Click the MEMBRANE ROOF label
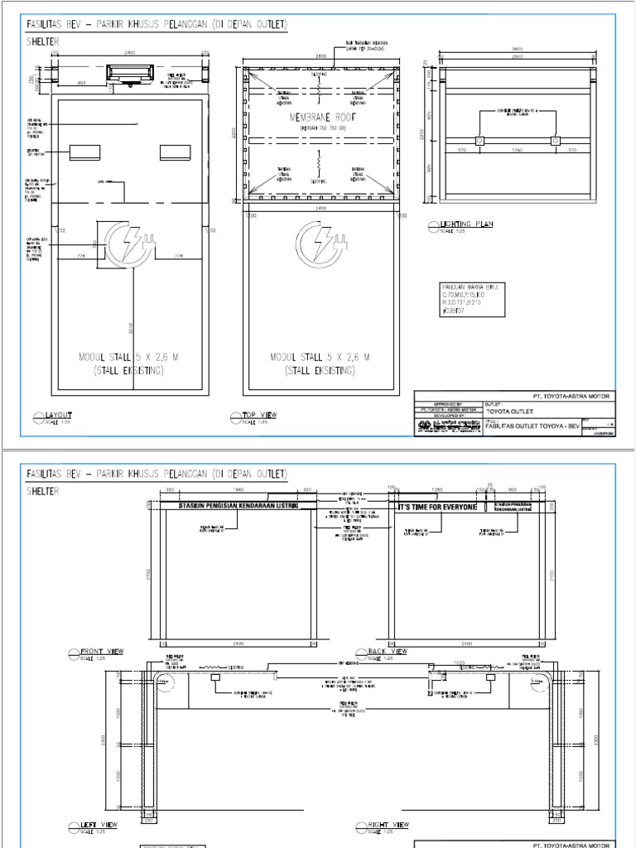320,118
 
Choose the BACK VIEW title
388,652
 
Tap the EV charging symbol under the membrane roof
320,243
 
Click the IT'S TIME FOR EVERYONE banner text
438,506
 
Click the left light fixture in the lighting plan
478,141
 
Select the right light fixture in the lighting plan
554,141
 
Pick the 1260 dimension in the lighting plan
516,151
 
